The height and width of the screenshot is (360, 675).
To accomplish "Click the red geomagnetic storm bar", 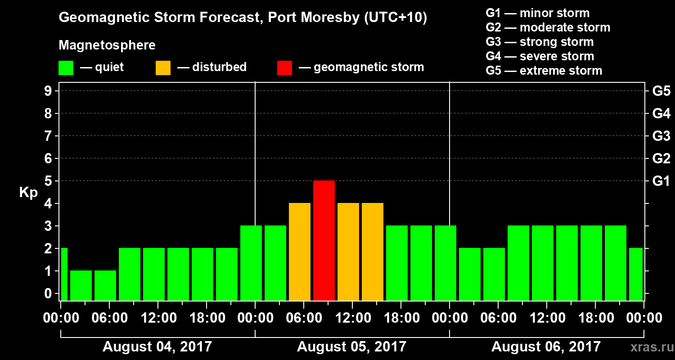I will (324, 240).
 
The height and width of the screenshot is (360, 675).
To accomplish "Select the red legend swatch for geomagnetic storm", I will (284, 67).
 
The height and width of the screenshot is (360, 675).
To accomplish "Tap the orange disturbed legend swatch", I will (163, 67).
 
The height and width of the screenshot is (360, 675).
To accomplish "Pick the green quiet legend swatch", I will (66, 67).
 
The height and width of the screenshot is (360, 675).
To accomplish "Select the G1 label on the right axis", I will (661, 181).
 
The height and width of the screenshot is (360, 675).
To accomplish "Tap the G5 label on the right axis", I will (661, 91).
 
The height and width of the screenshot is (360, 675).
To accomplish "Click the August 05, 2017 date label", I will (351, 347).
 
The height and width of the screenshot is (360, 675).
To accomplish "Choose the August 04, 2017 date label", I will (157, 347).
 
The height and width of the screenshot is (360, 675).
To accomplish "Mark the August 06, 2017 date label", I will (546, 347).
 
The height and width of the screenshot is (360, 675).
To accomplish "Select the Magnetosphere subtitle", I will (107, 45).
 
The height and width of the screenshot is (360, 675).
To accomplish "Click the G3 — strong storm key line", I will (540, 42).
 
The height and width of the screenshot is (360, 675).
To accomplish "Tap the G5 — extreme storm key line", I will (544, 71).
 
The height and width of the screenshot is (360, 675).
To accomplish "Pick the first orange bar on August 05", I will (300, 252).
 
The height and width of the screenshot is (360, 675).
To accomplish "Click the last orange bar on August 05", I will (373, 252).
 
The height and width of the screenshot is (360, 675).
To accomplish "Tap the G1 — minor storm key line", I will (537, 13).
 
